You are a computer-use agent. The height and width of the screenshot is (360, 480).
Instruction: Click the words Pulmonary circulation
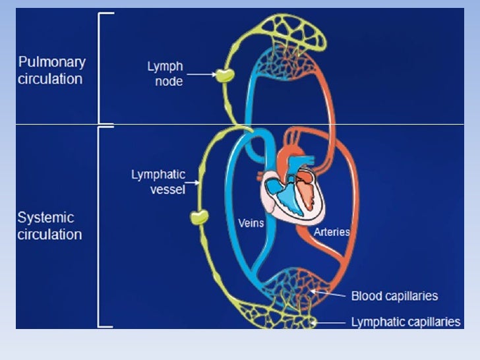51,71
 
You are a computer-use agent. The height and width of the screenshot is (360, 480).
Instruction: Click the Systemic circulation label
49,225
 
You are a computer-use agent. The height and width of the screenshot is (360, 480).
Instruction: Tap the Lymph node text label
165,74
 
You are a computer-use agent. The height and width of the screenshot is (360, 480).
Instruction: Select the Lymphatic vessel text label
158,182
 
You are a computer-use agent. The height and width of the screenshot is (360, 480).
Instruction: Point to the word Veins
251,224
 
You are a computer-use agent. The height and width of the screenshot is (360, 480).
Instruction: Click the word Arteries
332,232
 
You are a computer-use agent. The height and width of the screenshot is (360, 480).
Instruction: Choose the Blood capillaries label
394,296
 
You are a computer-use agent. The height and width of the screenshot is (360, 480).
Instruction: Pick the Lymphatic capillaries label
405,322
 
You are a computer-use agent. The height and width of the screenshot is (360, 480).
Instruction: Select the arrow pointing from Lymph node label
202,75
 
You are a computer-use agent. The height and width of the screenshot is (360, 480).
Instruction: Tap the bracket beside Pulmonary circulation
102,67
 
